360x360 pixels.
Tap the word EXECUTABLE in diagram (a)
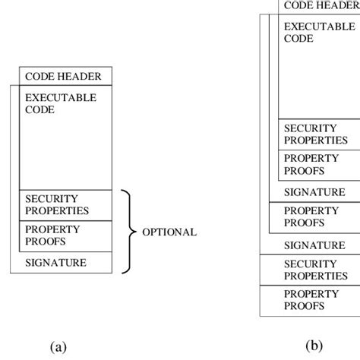pos(61,98)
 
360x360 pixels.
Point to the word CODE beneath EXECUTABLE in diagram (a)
pos(39,110)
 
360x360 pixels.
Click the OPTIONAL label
pos(169,232)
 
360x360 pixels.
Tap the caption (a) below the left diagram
pos(58,347)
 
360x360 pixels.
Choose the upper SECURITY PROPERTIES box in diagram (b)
pos(318,134)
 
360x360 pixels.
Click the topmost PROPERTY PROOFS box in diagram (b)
pos(318,164)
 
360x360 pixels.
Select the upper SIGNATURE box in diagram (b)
pos(318,192)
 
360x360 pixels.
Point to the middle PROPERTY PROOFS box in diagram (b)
pos(318,217)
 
